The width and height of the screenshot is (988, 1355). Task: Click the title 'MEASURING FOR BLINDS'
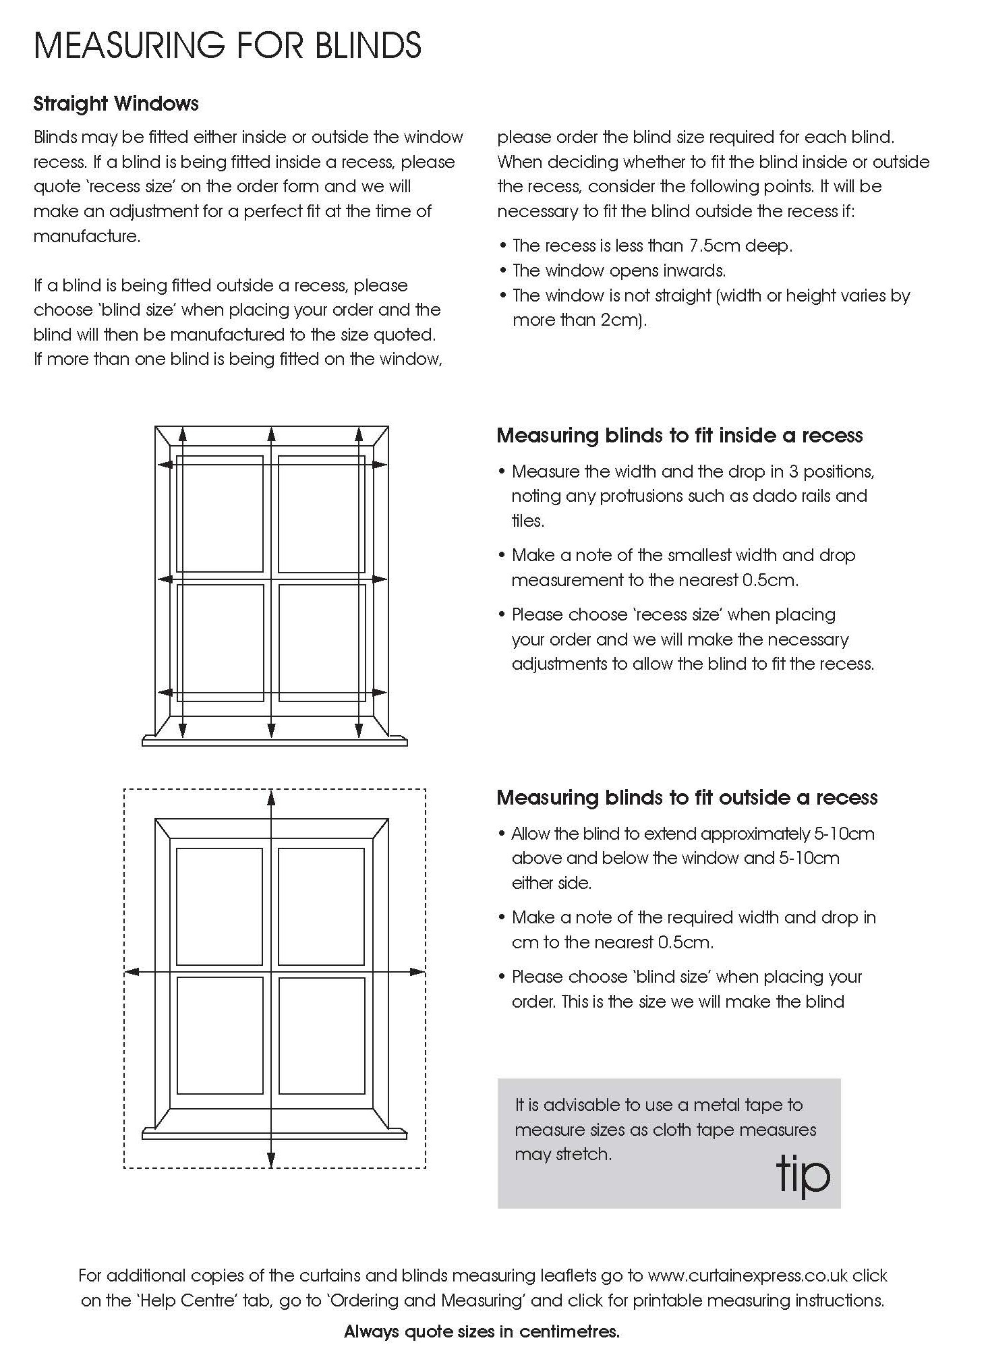[227, 46]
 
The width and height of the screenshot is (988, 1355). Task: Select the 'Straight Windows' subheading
[116, 104]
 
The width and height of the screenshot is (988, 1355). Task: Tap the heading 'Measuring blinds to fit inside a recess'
[679, 436]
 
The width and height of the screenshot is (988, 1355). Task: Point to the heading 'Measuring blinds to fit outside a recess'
[687, 798]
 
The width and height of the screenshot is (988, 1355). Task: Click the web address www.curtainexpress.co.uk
[747, 1275]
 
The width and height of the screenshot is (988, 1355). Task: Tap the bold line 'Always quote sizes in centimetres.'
[482, 1331]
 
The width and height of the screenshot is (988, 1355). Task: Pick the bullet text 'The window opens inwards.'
[618, 270]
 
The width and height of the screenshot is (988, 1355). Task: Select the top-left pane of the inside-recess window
[220, 514]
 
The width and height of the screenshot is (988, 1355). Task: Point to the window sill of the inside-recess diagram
[274, 741]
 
